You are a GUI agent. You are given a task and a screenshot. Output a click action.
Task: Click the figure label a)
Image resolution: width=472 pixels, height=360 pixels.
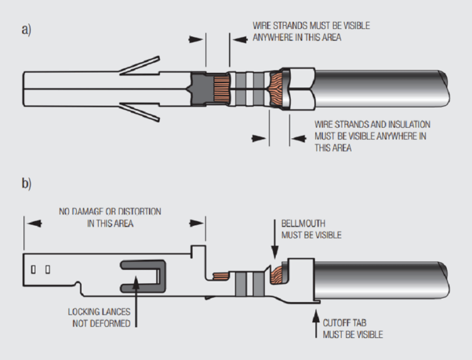coord(26,30)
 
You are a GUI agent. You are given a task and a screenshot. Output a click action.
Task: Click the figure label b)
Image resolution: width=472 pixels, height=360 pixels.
coord(26,183)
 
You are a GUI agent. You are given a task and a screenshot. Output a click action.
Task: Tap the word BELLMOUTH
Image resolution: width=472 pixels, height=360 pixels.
coord(303,223)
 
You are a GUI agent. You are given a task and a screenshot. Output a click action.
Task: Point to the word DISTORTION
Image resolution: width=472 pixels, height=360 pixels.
coord(139,211)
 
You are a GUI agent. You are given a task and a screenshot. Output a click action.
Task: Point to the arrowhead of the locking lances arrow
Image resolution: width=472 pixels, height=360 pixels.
coord(136,282)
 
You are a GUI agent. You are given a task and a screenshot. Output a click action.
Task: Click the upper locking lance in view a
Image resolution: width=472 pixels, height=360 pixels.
coord(139,65)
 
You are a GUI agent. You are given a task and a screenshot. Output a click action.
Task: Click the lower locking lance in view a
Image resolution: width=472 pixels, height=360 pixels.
coord(139,112)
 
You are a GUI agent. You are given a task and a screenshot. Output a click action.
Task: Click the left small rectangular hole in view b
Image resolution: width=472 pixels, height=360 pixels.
coord(33,269)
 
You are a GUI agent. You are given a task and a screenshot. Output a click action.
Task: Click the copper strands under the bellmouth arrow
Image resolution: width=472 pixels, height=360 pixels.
coord(276,275)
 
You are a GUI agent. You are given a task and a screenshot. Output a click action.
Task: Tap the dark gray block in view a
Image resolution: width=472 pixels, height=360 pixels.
coord(200,89)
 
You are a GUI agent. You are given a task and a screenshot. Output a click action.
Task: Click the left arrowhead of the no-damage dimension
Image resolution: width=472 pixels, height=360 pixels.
coord(34,223)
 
